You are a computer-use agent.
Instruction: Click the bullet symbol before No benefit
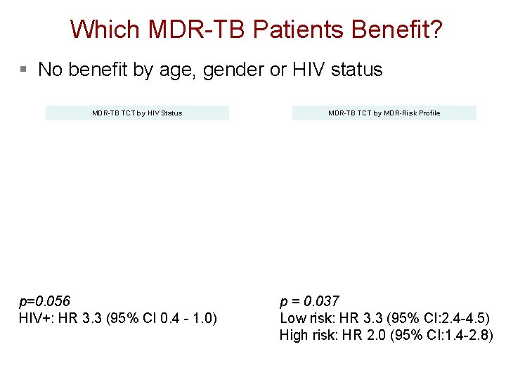coord(23,70)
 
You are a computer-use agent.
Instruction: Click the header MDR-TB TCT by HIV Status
coord(137,113)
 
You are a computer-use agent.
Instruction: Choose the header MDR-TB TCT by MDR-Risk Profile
coord(384,113)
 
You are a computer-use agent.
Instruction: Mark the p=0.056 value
coord(45,303)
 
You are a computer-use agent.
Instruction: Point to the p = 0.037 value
coord(309,302)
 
